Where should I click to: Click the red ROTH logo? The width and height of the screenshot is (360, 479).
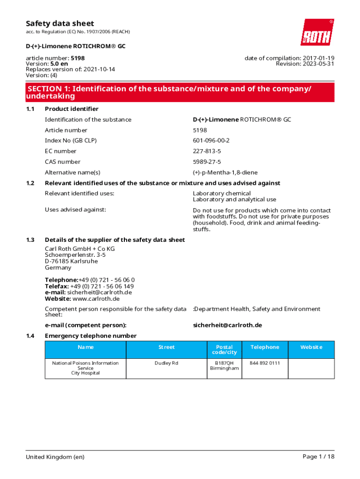(x=317, y=32)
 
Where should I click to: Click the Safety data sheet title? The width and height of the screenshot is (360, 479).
(x=60, y=23)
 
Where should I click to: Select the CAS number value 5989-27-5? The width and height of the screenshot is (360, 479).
(x=207, y=162)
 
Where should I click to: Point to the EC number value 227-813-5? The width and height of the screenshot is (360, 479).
(x=207, y=151)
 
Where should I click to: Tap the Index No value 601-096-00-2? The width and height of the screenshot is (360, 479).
(x=211, y=141)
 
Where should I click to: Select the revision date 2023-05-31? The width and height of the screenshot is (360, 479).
(x=317, y=64)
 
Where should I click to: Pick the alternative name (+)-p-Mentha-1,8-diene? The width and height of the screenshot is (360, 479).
(x=225, y=173)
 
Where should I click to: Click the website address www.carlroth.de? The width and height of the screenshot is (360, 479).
(x=96, y=299)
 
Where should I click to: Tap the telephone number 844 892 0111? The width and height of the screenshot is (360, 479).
(x=265, y=363)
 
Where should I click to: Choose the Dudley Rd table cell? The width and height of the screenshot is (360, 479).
(x=166, y=363)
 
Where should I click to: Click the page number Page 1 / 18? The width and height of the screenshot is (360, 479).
(x=318, y=457)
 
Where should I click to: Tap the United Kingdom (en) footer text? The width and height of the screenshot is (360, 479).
(x=55, y=457)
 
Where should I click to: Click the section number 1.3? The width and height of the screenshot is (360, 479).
(x=30, y=240)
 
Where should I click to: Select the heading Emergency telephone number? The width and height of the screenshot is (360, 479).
(x=91, y=336)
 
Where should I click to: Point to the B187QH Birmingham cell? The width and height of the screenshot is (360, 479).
(x=224, y=365)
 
